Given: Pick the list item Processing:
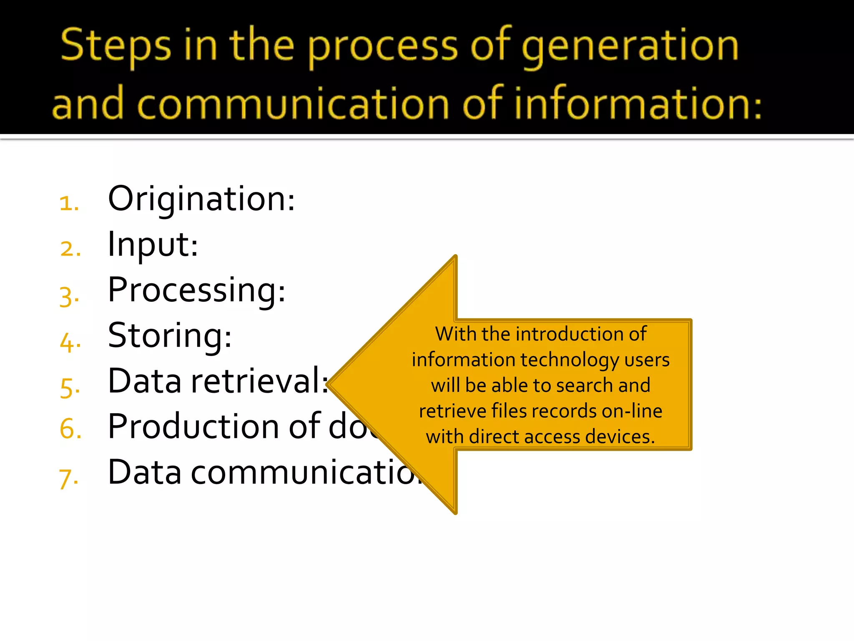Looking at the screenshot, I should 196,290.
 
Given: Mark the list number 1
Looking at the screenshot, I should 68,204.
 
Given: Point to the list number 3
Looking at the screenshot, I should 68,296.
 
